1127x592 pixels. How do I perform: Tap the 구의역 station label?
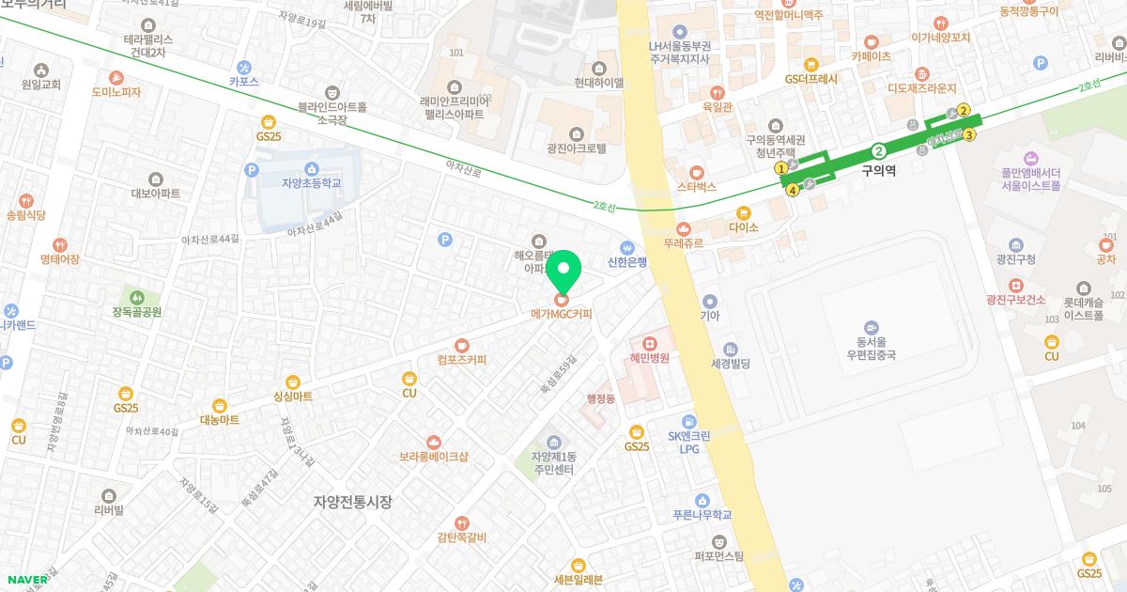[880, 172]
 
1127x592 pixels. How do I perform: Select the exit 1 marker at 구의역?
[780, 168]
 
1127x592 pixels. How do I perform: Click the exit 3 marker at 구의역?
[969, 134]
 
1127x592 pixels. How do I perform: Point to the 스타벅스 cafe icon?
[696, 172]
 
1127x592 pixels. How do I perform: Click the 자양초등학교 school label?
[312, 182]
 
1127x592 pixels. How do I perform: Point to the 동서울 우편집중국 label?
[871, 349]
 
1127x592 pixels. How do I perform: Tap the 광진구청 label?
[1015, 259]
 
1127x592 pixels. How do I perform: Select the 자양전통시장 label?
[352, 502]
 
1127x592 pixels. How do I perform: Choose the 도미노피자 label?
[116, 92]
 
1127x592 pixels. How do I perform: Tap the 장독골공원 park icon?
[137, 297]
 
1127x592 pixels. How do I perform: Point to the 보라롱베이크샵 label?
[433, 457]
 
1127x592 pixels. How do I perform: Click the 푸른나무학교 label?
[702, 515]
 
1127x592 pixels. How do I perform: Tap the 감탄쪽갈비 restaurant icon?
[461, 522]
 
